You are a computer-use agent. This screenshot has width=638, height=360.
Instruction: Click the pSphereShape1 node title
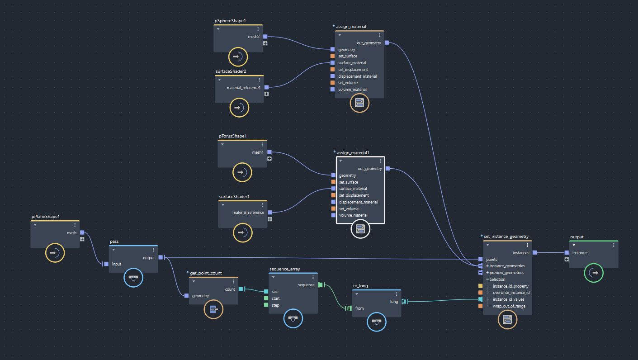[230, 21]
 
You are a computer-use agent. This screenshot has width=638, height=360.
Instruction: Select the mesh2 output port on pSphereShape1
[265, 37]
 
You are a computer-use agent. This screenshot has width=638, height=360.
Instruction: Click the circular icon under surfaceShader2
[239, 108]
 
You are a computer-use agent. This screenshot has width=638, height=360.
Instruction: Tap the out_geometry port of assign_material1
[388, 169]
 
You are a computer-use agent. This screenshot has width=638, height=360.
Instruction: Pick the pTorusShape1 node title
[233, 136]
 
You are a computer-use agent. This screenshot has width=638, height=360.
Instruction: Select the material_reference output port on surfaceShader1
[270, 212]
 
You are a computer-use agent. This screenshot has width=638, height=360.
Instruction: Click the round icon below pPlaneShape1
[55, 253]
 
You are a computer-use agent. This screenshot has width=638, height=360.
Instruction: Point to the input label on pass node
[117, 264]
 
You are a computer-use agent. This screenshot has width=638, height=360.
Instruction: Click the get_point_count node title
[206, 273]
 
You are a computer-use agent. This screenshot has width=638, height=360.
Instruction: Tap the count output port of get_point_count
[241, 289]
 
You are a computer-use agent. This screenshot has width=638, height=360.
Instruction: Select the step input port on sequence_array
[266, 305]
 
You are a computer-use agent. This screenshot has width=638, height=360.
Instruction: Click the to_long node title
[360, 286]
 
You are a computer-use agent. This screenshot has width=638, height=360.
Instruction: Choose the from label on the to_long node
[359, 308]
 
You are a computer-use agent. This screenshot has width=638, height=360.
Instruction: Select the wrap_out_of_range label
[509, 306]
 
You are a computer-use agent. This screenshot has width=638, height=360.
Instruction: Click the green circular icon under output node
[593, 273]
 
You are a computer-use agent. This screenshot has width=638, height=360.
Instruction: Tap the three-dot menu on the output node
[614, 245]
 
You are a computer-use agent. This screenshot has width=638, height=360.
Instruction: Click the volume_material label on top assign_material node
[352, 90]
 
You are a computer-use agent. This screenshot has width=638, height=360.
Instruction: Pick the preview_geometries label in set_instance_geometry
[506, 273]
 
